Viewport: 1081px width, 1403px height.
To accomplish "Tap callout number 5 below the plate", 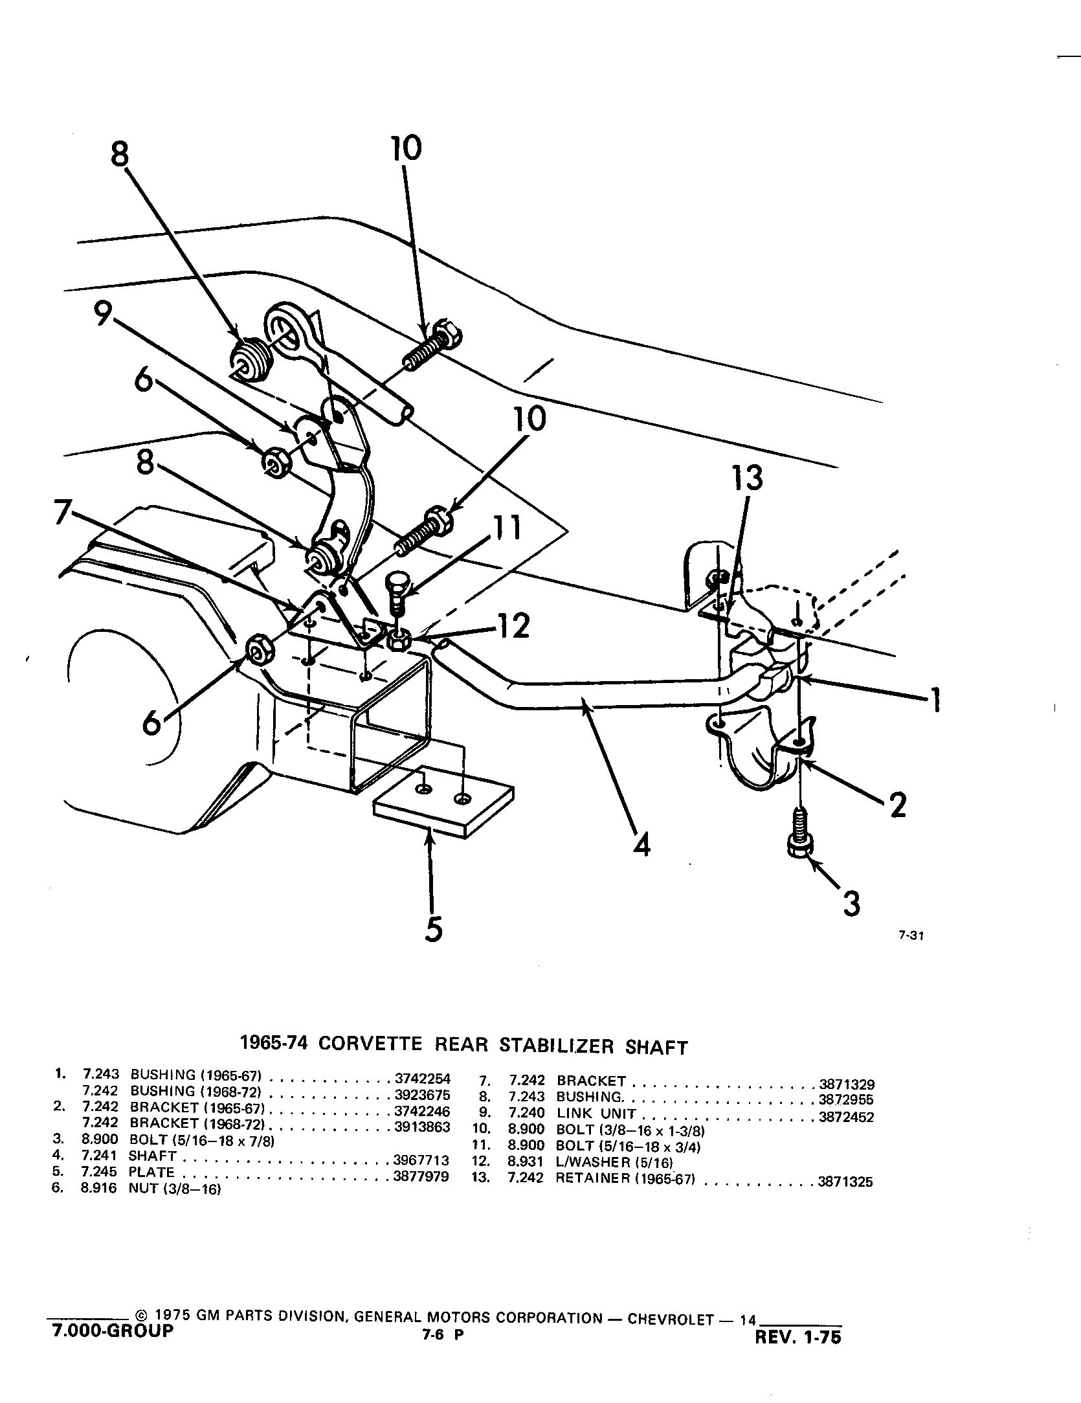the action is click(433, 928).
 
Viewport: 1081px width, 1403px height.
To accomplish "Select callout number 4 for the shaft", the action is click(641, 844).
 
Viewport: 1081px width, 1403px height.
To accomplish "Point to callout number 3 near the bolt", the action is click(852, 903).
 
